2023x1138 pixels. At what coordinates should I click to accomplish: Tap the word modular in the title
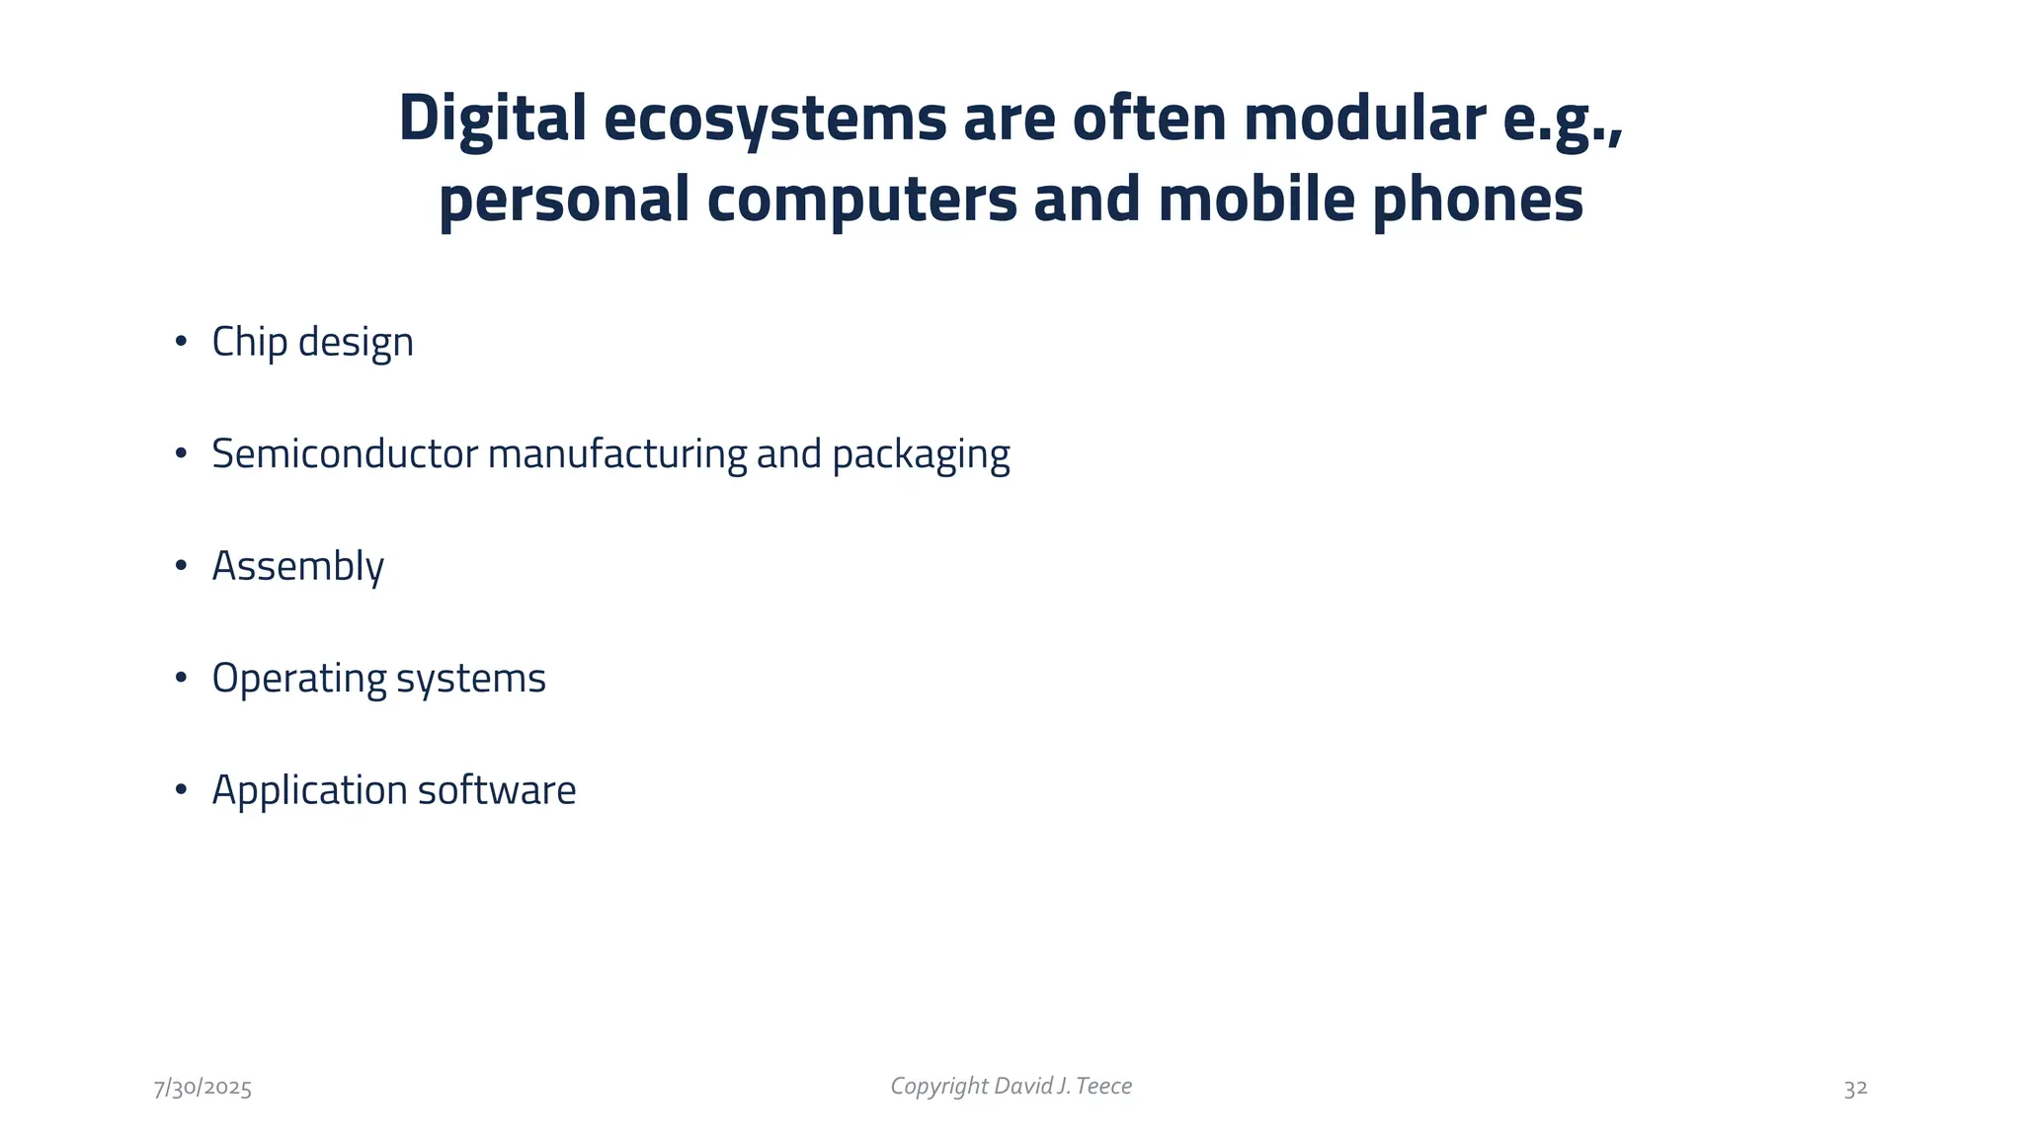tap(1364, 119)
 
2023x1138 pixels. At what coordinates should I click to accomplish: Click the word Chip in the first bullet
tap(249, 343)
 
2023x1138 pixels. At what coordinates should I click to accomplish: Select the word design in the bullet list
tap(356, 343)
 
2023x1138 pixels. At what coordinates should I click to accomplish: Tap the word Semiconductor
tap(345, 454)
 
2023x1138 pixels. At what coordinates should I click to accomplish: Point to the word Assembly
tap(297, 567)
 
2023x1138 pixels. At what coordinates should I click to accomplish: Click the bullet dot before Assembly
tap(181, 566)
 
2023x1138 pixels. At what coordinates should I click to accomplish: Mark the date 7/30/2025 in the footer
tap(202, 1089)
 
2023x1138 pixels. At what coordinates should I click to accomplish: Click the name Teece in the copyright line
tap(1103, 1087)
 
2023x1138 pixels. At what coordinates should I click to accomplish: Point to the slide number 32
tap(1855, 1089)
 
